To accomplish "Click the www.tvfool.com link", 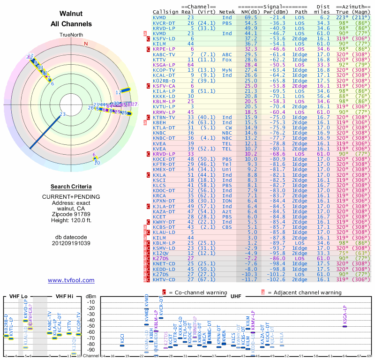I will [71, 280].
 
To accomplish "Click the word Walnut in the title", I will [71, 14].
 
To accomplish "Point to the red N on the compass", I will [86, 44].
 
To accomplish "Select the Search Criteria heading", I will [71, 187].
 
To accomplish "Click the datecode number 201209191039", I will [71, 243].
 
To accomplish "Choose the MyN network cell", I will [227, 70].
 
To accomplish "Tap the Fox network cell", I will [227, 60].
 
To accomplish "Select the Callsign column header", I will [166, 12].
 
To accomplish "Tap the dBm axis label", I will [90, 296].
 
